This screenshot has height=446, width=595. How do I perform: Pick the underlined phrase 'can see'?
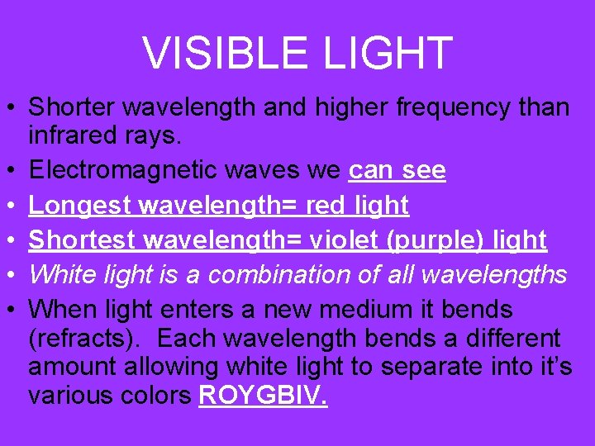click(397, 171)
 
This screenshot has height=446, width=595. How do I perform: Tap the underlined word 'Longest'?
click(81, 206)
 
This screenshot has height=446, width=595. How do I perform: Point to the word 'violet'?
click(345, 240)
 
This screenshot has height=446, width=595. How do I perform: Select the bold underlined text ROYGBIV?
click(264, 396)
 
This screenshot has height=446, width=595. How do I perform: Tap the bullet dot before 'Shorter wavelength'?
click(12, 107)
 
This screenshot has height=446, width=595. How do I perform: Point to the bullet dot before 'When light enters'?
click(12, 310)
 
